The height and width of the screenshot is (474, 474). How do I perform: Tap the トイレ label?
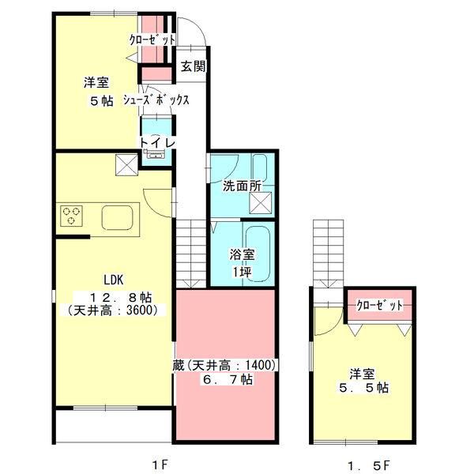(x=156, y=142)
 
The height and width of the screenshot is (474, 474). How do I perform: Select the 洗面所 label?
(x=241, y=186)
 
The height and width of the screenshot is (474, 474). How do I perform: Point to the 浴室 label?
(x=242, y=254)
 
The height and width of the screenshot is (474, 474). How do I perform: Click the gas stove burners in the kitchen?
(x=72, y=215)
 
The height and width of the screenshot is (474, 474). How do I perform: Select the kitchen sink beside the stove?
(x=117, y=216)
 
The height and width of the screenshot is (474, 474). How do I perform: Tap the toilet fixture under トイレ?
(x=155, y=155)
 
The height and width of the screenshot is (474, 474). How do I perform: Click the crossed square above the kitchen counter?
(x=125, y=165)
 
